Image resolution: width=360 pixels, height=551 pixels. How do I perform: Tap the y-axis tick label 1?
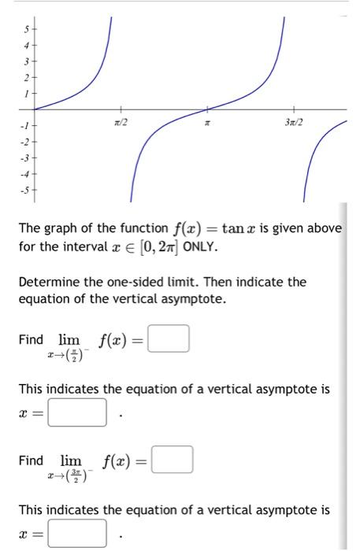pos(24,93)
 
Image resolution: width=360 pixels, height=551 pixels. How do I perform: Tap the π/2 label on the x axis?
pos(121,123)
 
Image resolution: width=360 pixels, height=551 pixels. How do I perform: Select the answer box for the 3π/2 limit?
pos(172,460)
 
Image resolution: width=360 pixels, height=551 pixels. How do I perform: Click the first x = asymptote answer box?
pos(77,412)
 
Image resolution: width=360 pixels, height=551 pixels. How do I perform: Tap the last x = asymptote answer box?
pos(77,533)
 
